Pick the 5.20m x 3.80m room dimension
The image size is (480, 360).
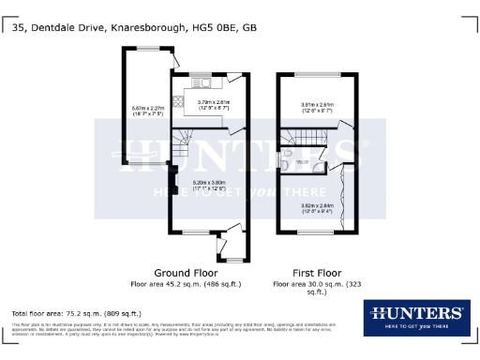(x=210, y=186)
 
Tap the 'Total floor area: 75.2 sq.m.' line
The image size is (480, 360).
(x=76, y=313)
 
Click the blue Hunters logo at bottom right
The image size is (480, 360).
(x=417, y=316)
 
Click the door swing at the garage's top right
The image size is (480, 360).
(x=174, y=62)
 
